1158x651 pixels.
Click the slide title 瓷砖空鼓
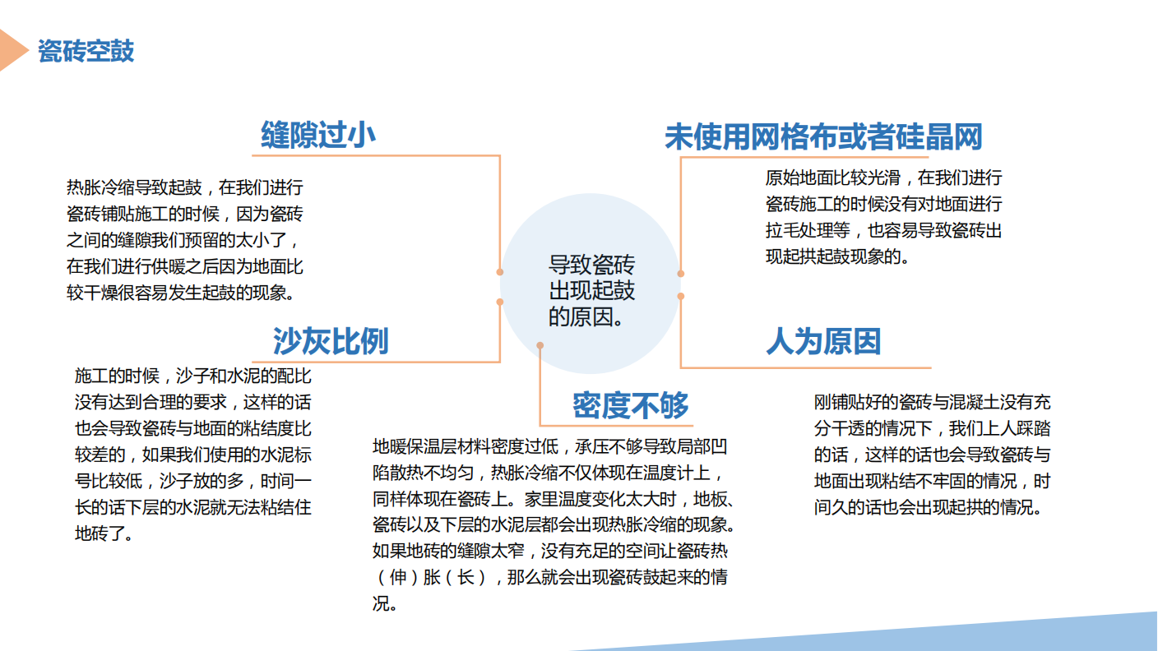[x=86, y=51]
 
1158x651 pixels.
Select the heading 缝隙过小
[x=318, y=136]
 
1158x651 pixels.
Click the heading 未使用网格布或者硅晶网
[x=823, y=137]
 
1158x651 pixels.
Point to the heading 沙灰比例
[x=331, y=341]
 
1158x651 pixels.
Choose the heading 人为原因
[x=823, y=341]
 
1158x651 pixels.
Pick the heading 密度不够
[x=631, y=405]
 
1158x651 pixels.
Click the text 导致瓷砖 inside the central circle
[x=591, y=265]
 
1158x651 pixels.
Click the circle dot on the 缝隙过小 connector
[x=500, y=272]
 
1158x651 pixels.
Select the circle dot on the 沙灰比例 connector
[x=500, y=302]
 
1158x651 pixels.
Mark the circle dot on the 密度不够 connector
[x=540, y=345]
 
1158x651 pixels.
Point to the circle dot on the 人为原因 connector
[x=681, y=296]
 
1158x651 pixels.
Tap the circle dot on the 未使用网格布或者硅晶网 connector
[x=681, y=274]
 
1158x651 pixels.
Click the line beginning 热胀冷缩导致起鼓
[x=184, y=187]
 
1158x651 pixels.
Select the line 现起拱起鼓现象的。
[x=837, y=256]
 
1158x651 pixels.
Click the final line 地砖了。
[x=104, y=533]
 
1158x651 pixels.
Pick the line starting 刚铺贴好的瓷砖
[x=932, y=402]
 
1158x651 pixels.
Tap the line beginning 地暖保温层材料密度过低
[x=550, y=446]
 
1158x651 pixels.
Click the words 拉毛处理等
[x=808, y=230]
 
